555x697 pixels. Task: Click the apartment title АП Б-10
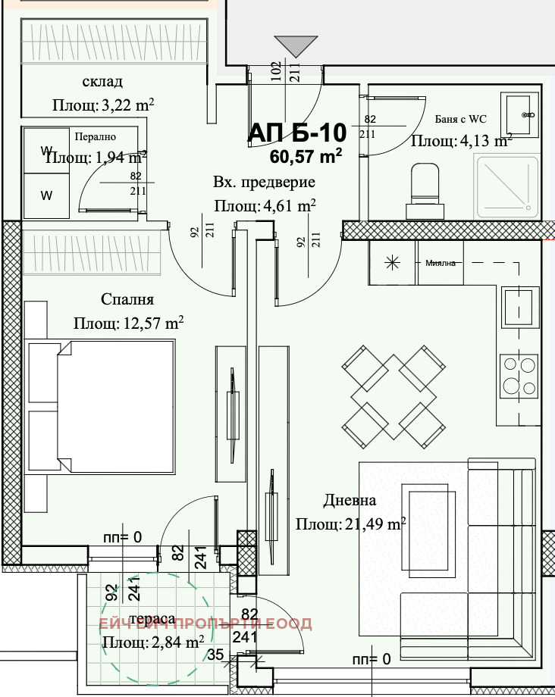[x=297, y=133]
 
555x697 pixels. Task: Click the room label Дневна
[x=350, y=501]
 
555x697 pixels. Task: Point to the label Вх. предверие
[x=264, y=183]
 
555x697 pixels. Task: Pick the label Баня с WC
[x=460, y=118]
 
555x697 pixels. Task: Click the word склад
[x=102, y=82]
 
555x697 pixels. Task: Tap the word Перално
[x=95, y=137]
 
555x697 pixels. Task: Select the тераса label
[x=152, y=617]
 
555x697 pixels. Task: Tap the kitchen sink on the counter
[x=519, y=307]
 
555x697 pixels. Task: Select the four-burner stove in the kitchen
[x=519, y=375]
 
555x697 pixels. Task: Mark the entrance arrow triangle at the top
[x=294, y=47]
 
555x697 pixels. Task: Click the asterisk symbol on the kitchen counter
[x=392, y=264]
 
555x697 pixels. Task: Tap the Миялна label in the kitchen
[x=440, y=264]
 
